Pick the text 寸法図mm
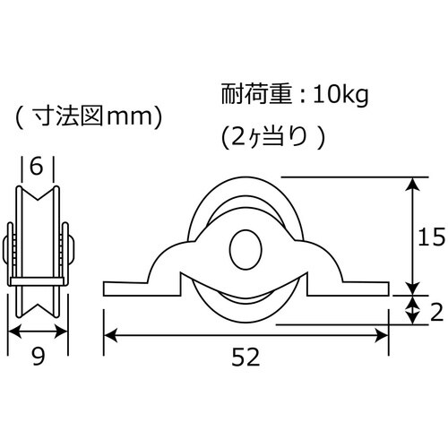tap(89, 116)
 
